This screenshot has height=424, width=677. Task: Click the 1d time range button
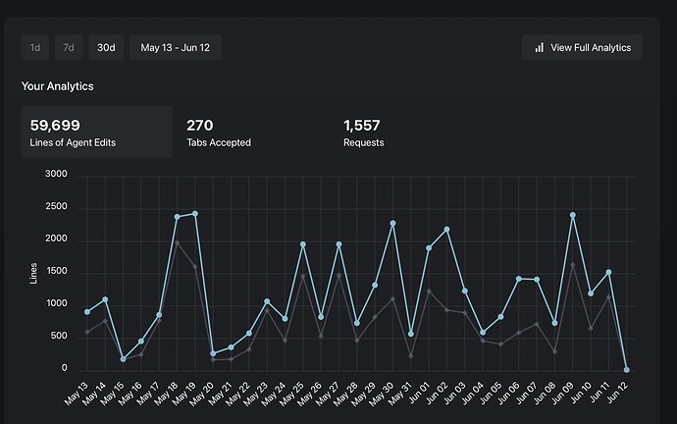coord(35,47)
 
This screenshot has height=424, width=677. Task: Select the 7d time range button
coord(68,47)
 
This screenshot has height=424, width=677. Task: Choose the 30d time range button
coord(105,47)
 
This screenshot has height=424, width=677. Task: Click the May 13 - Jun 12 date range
coord(176,47)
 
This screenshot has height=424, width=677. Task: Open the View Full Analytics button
coord(582,47)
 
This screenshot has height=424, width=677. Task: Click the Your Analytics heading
coord(58,86)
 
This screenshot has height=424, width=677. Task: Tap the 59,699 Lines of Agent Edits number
coord(55,125)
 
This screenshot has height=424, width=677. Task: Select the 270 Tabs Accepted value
coord(200,125)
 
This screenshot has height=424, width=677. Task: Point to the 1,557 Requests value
coord(362,125)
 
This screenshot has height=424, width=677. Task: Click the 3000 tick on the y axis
coord(56,175)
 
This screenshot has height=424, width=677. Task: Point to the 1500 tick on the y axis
coord(56,272)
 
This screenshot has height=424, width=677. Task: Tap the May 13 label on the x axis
coord(77,393)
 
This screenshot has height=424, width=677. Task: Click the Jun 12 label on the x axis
coord(615,393)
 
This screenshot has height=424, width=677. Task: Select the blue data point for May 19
coord(195,213)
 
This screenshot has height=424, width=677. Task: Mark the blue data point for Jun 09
coord(572,215)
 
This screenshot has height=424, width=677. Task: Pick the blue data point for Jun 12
coord(627,370)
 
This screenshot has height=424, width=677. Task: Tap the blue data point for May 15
coord(124,359)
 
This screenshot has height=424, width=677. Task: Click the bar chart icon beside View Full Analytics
coord(539,47)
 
